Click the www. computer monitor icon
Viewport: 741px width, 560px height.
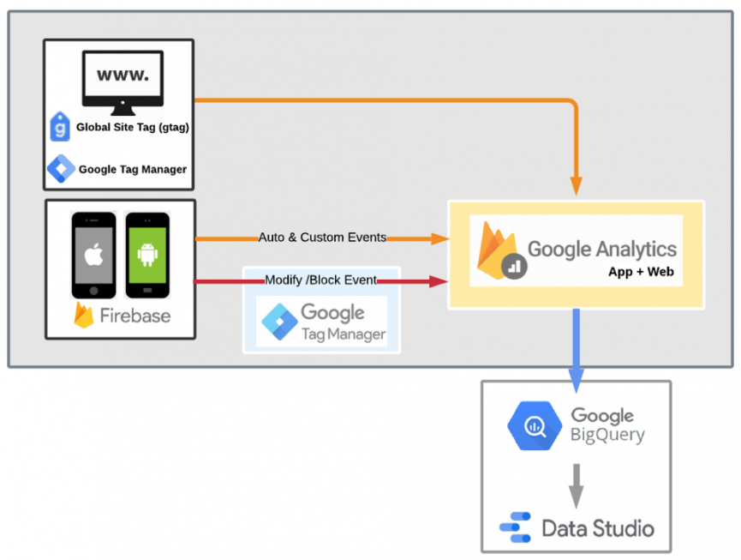pyautogui.click(x=122, y=82)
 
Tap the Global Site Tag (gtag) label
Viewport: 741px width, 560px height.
pyautogui.click(x=133, y=128)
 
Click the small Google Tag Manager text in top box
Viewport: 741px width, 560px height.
pyautogui.click(x=132, y=169)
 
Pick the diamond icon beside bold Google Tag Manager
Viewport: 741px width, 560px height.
pyautogui.click(x=61, y=168)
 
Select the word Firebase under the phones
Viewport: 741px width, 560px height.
pyautogui.click(x=135, y=316)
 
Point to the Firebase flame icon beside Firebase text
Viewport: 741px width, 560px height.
pyautogui.click(x=84, y=315)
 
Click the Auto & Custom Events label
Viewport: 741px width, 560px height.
pyautogui.click(x=322, y=238)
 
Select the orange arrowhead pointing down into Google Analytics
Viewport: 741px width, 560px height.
pyautogui.click(x=576, y=185)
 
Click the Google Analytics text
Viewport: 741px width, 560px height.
pyautogui.click(x=601, y=250)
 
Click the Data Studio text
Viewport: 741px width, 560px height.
pyautogui.click(x=598, y=527)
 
